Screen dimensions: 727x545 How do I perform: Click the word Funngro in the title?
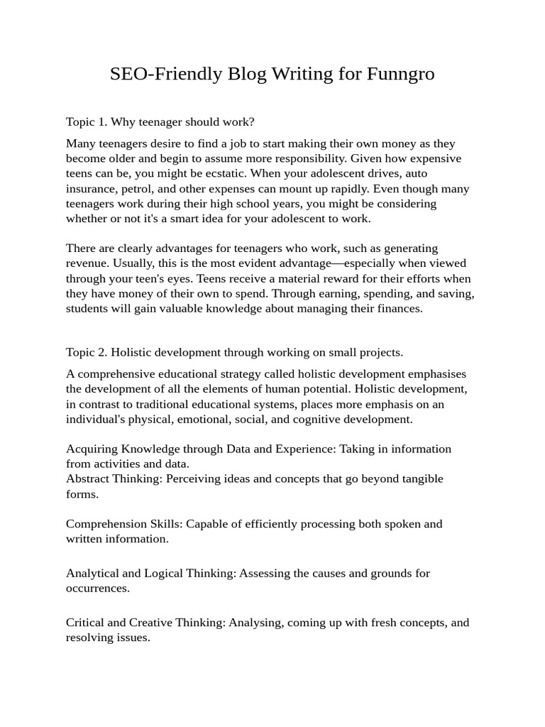tap(401, 74)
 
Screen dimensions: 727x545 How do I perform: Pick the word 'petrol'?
tap(138, 189)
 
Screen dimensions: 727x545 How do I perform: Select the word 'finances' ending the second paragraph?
tap(398, 309)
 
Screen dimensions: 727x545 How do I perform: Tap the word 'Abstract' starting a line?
tap(87, 479)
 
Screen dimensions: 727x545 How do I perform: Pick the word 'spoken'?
tap(395, 524)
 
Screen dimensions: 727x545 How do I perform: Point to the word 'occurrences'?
tap(97, 589)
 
